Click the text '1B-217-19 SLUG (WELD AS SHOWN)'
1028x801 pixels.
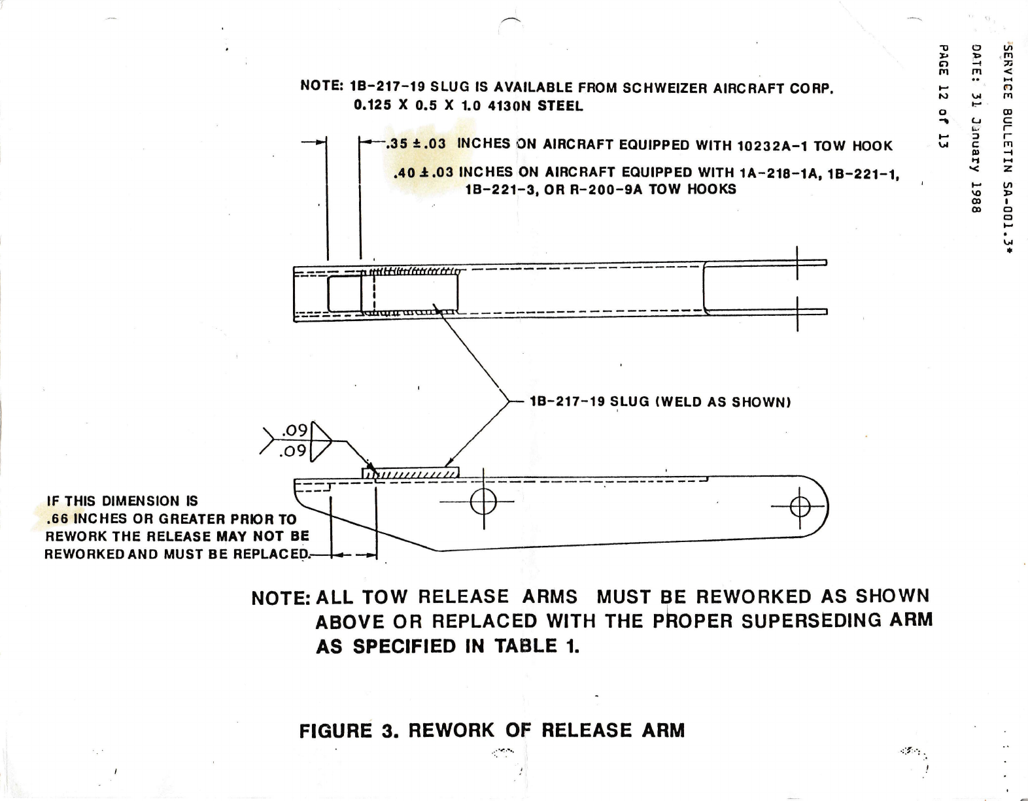click(660, 401)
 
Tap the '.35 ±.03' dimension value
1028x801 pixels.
click(416, 144)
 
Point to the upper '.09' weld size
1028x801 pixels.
click(294, 430)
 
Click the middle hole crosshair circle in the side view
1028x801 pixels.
click(483, 502)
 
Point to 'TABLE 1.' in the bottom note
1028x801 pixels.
click(536, 647)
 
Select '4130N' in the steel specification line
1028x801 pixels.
click(511, 105)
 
